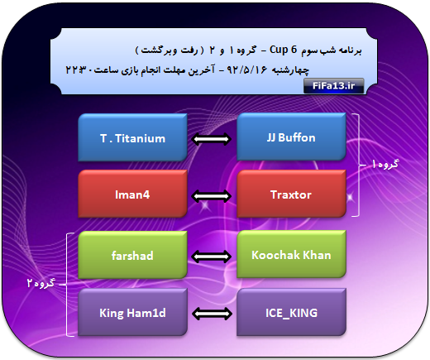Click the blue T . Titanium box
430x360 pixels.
pyautogui.click(x=132, y=137)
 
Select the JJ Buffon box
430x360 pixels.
pyautogui.click(x=291, y=137)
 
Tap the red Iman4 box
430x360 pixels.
pyautogui.click(x=132, y=194)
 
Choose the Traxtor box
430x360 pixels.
pyautogui.click(x=291, y=194)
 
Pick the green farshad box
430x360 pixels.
pyautogui.click(x=132, y=255)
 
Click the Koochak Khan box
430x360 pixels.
pyautogui.click(x=291, y=254)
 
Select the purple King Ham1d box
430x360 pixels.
pyautogui.click(x=132, y=313)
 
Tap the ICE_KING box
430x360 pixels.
pyautogui.click(x=291, y=312)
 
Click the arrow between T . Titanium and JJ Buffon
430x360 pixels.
pyautogui.click(x=212, y=139)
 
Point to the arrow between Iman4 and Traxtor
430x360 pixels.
pyautogui.click(x=212, y=196)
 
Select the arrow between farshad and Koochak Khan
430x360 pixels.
pyautogui.click(x=212, y=257)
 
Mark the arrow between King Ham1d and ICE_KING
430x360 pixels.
pyautogui.click(x=212, y=314)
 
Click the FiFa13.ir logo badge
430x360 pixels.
pyautogui.click(x=333, y=86)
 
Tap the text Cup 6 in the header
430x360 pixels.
pyautogui.click(x=283, y=50)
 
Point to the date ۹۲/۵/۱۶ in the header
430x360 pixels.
pyautogui.click(x=247, y=70)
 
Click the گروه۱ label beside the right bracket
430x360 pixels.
pyautogui.click(x=385, y=164)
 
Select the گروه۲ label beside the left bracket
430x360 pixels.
pyautogui.click(x=41, y=283)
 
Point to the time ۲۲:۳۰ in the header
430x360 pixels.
pyautogui.click(x=79, y=70)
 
